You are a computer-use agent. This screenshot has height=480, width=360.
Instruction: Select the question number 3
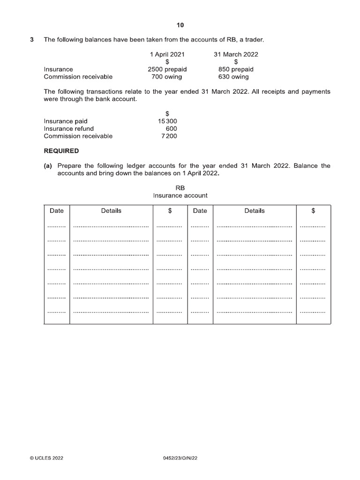[32, 40]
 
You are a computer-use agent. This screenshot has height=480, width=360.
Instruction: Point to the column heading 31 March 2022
[236, 54]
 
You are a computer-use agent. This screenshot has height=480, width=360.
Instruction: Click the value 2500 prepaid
[167, 69]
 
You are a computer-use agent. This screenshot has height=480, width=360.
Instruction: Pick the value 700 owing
[167, 77]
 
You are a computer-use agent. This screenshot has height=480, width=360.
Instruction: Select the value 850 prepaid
[236, 69]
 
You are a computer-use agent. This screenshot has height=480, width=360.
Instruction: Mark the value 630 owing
[233, 77]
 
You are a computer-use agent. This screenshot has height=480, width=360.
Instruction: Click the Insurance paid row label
[66, 121]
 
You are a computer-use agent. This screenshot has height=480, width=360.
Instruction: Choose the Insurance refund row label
[68, 128]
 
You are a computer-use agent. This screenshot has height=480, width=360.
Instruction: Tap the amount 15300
[167, 121]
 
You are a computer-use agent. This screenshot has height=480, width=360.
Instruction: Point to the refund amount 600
[171, 128]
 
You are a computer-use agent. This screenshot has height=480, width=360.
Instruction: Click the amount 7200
[169, 136]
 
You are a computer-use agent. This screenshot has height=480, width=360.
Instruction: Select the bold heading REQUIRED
[61, 151]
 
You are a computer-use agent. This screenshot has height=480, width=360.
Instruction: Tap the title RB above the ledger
[180, 188]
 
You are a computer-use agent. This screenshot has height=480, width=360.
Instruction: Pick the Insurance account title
[180, 195]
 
